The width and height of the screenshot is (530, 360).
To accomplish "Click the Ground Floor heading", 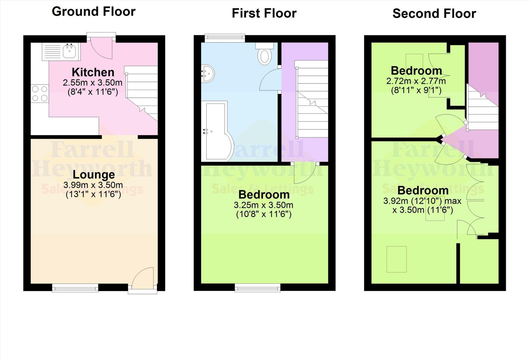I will pyautogui.click(x=94, y=12).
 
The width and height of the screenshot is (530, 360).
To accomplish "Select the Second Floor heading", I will pyautogui.click(x=434, y=13).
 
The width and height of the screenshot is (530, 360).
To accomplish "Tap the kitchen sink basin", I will pyautogui.click(x=69, y=51).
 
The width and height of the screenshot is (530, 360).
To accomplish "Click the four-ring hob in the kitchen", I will pyautogui.click(x=40, y=94).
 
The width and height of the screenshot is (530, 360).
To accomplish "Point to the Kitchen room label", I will pyautogui.click(x=93, y=72).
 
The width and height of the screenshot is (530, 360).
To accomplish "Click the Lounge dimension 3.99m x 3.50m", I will pyautogui.click(x=93, y=185).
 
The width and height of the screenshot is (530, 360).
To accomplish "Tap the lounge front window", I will pyautogui.click(x=75, y=288).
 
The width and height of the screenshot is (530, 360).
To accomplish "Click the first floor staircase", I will pyautogui.click(x=312, y=100).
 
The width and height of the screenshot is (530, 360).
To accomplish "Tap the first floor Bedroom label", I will pyautogui.click(x=264, y=194).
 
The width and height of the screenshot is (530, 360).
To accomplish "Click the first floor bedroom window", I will pyautogui.click(x=257, y=288).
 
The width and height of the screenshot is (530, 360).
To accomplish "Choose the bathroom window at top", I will pyautogui.click(x=225, y=38).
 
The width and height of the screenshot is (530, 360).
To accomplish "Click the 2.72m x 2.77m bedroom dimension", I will pyautogui.click(x=416, y=81).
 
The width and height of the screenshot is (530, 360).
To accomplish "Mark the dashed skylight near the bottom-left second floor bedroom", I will pyautogui.click(x=396, y=259).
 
